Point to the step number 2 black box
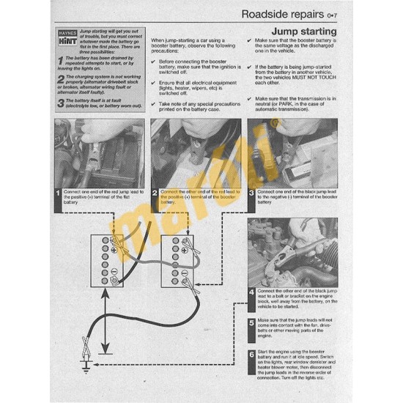click(x=155, y=195)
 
